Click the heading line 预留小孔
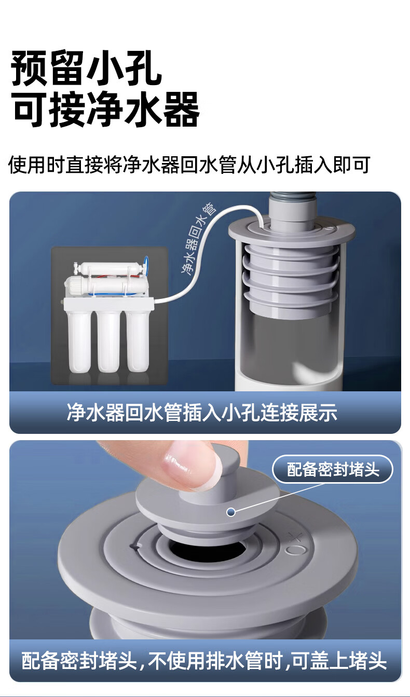click(x=87, y=68)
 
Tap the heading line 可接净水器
click(x=106, y=109)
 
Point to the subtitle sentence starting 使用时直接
click(x=189, y=165)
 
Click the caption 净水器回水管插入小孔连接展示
click(x=202, y=413)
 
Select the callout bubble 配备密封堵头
click(x=333, y=469)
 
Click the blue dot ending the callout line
click(x=231, y=512)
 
